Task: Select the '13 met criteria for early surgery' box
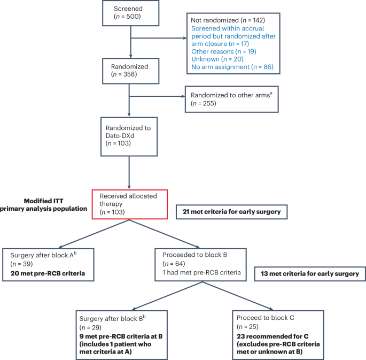coord(310,274)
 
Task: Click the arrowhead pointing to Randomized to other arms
coord(182,97)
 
